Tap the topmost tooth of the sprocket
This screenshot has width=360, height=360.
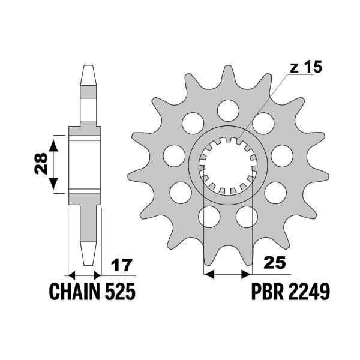227,75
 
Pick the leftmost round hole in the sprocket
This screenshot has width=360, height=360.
173,154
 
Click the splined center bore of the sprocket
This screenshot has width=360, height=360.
227,164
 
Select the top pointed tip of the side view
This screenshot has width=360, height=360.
86,67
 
